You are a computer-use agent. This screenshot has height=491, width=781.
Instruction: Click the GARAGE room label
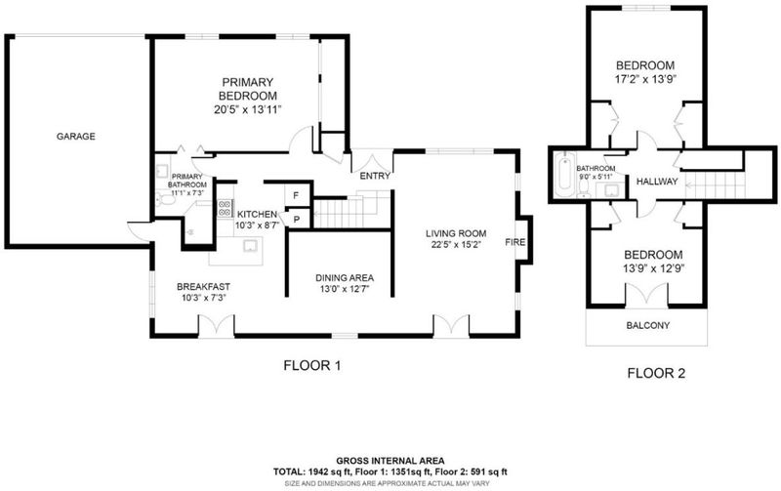click(x=76, y=137)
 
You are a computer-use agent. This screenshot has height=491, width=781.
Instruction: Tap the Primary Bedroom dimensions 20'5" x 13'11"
click(x=248, y=110)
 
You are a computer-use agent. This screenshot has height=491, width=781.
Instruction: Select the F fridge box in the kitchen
click(x=296, y=195)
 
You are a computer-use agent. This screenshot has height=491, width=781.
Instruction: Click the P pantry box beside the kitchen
click(x=297, y=218)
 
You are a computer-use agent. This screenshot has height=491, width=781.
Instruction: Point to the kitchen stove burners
click(x=226, y=208)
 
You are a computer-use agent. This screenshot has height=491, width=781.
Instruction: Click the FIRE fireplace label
click(x=515, y=242)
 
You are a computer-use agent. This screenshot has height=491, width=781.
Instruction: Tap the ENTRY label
click(x=375, y=176)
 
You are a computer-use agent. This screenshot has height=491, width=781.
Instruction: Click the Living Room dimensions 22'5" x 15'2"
click(x=456, y=244)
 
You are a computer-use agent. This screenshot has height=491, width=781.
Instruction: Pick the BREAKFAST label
click(x=204, y=287)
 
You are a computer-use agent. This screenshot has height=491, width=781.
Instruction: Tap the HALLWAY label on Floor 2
click(x=657, y=182)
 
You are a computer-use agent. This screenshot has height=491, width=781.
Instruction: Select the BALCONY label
click(x=648, y=326)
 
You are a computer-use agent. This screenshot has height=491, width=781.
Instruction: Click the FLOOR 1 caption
click(x=312, y=366)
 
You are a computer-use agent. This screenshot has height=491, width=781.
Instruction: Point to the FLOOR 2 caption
click(x=656, y=373)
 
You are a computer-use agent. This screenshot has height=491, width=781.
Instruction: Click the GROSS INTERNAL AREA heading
click(x=390, y=461)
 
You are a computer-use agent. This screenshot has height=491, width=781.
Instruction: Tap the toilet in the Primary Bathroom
click(x=165, y=200)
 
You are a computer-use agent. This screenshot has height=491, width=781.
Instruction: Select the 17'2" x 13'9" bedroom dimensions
click(x=645, y=79)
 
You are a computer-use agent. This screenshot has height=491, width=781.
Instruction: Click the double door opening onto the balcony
click(x=646, y=294)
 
